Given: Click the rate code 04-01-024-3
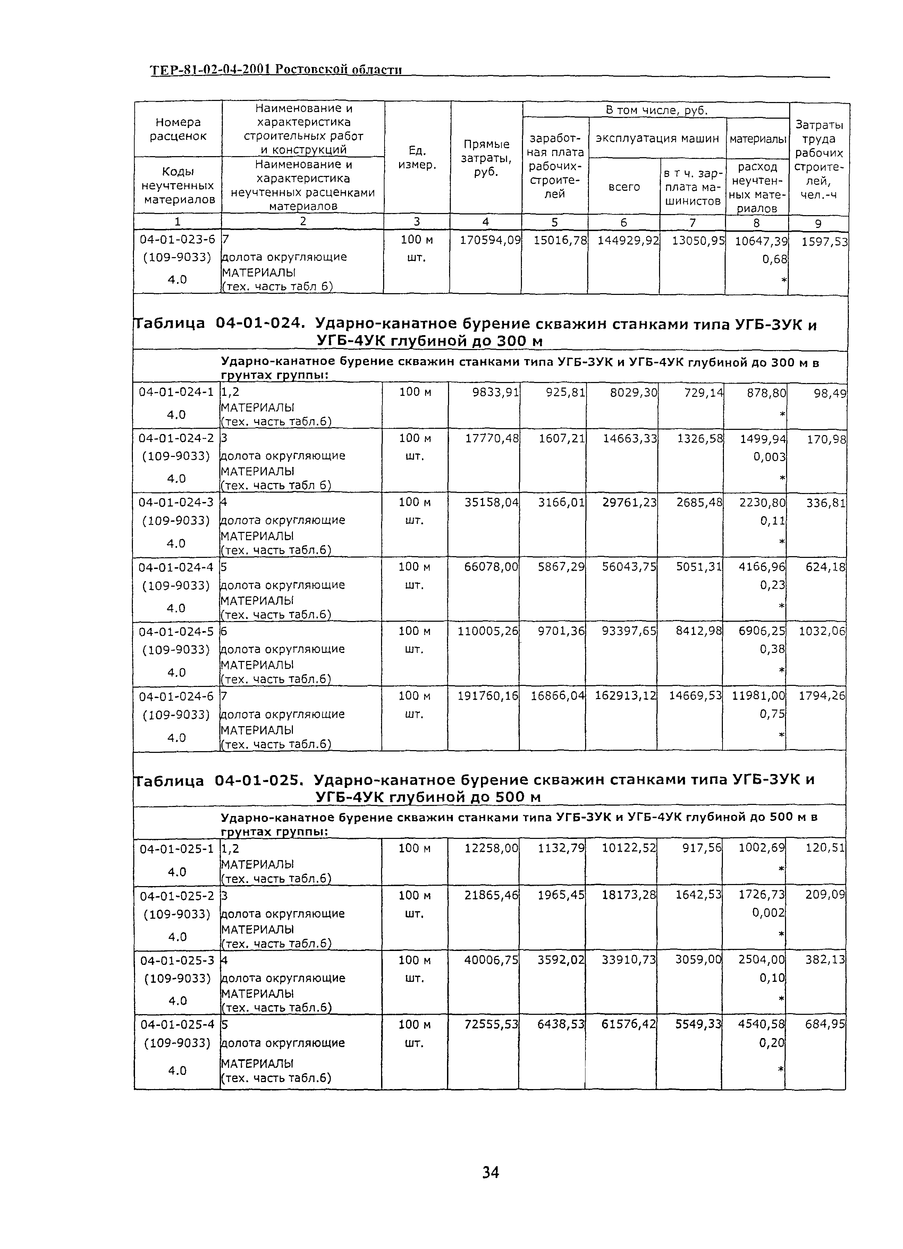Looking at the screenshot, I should coord(176,502).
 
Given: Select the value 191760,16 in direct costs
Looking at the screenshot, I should coord(488,696).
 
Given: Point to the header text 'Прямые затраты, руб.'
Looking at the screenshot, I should coord(486,158).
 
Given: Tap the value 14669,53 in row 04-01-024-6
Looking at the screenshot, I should coord(695,696).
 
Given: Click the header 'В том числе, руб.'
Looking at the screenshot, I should coord(656,110).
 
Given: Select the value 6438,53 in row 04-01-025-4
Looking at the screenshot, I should coord(560,1024).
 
